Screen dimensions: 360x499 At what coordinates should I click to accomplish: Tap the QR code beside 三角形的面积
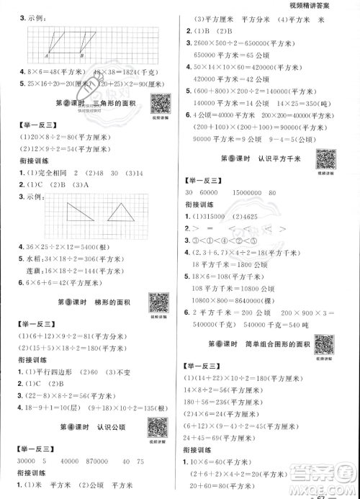(160, 104)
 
